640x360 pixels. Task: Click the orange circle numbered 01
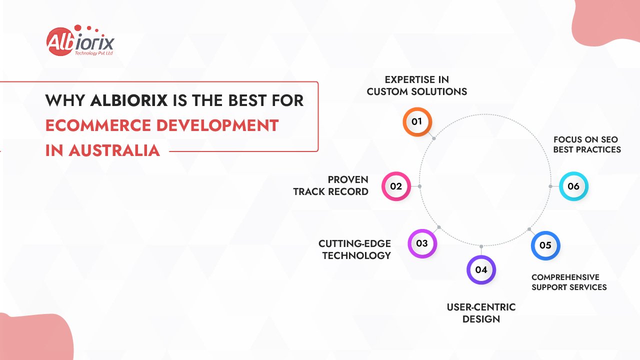[417, 121]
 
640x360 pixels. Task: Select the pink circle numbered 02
[396, 186]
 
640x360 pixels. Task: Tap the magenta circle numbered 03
[422, 243]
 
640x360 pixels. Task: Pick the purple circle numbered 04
[481, 270]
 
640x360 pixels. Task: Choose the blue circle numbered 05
[545, 245]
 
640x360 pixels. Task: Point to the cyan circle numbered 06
[573, 186]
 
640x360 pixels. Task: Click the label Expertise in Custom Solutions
[416, 85]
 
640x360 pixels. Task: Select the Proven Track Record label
[331, 185]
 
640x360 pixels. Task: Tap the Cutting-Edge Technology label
[355, 249]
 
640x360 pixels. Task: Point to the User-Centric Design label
[481, 313]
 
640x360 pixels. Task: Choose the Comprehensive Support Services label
[569, 282]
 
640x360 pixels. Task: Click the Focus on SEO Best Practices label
[586, 144]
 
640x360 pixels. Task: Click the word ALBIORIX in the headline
[128, 100]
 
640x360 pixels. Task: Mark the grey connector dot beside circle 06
[550, 186]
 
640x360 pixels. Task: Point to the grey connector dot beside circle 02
[419, 186]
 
